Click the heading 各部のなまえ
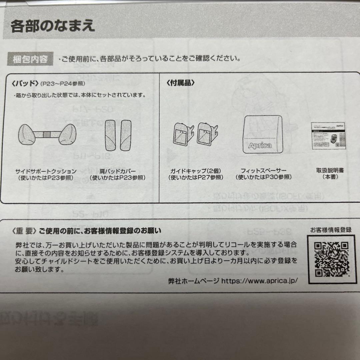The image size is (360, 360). coord(52,26)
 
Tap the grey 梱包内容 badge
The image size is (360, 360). coord(31,59)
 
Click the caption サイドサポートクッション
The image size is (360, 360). coord(46,171)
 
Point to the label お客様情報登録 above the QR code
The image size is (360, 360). coord(331,230)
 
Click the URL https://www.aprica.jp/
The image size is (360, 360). coord(260,281)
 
